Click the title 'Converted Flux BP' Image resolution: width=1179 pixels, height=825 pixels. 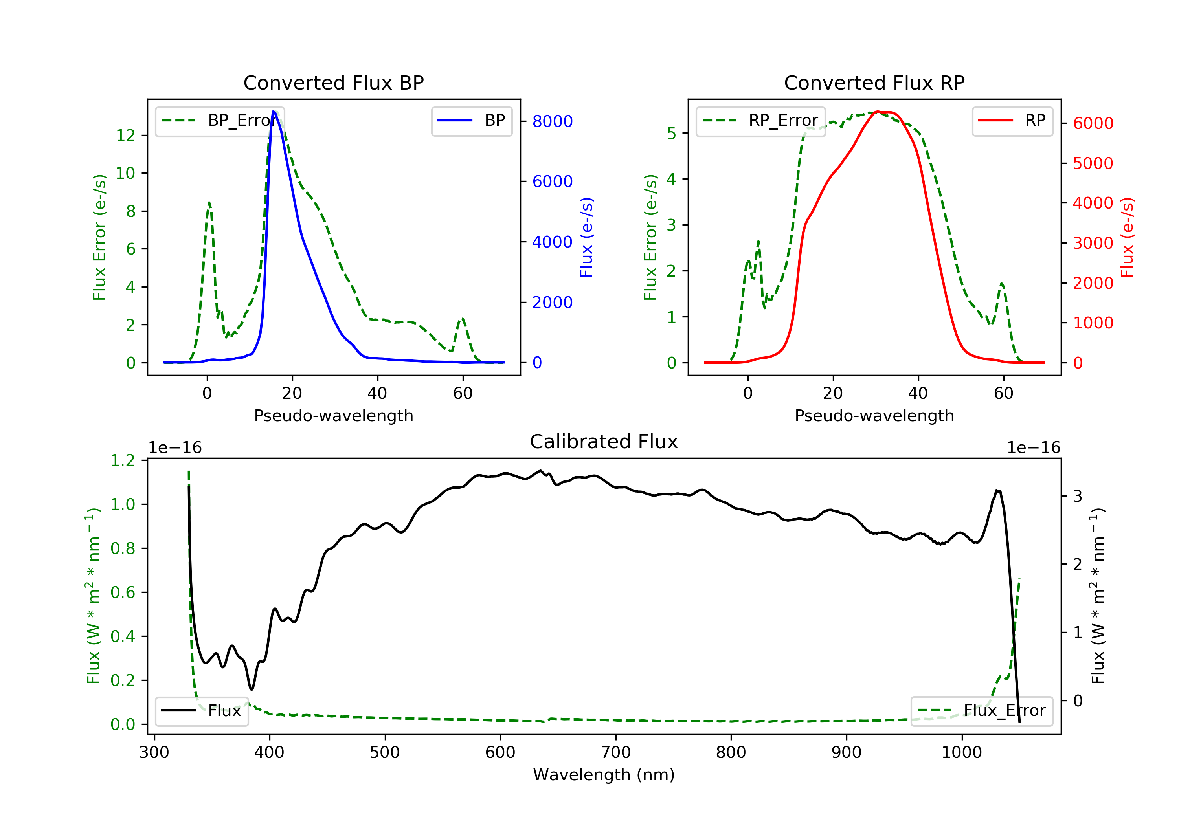[x=333, y=82]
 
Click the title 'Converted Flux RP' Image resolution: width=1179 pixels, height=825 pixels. [x=874, y=82]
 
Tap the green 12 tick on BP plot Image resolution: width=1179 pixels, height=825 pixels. [x=125, y=136]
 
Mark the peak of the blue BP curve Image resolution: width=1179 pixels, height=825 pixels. [x=274, y=112]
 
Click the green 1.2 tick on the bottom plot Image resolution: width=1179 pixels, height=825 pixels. [x=123, y=460]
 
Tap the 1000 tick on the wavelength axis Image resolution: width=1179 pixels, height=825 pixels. [x=961, y=753]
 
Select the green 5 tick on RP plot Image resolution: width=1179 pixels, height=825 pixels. [x=671, y=134]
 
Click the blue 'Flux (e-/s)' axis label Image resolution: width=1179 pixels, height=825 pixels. [x=586, y=237]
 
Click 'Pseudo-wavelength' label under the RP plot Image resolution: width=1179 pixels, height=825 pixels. [x=874, y=415]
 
